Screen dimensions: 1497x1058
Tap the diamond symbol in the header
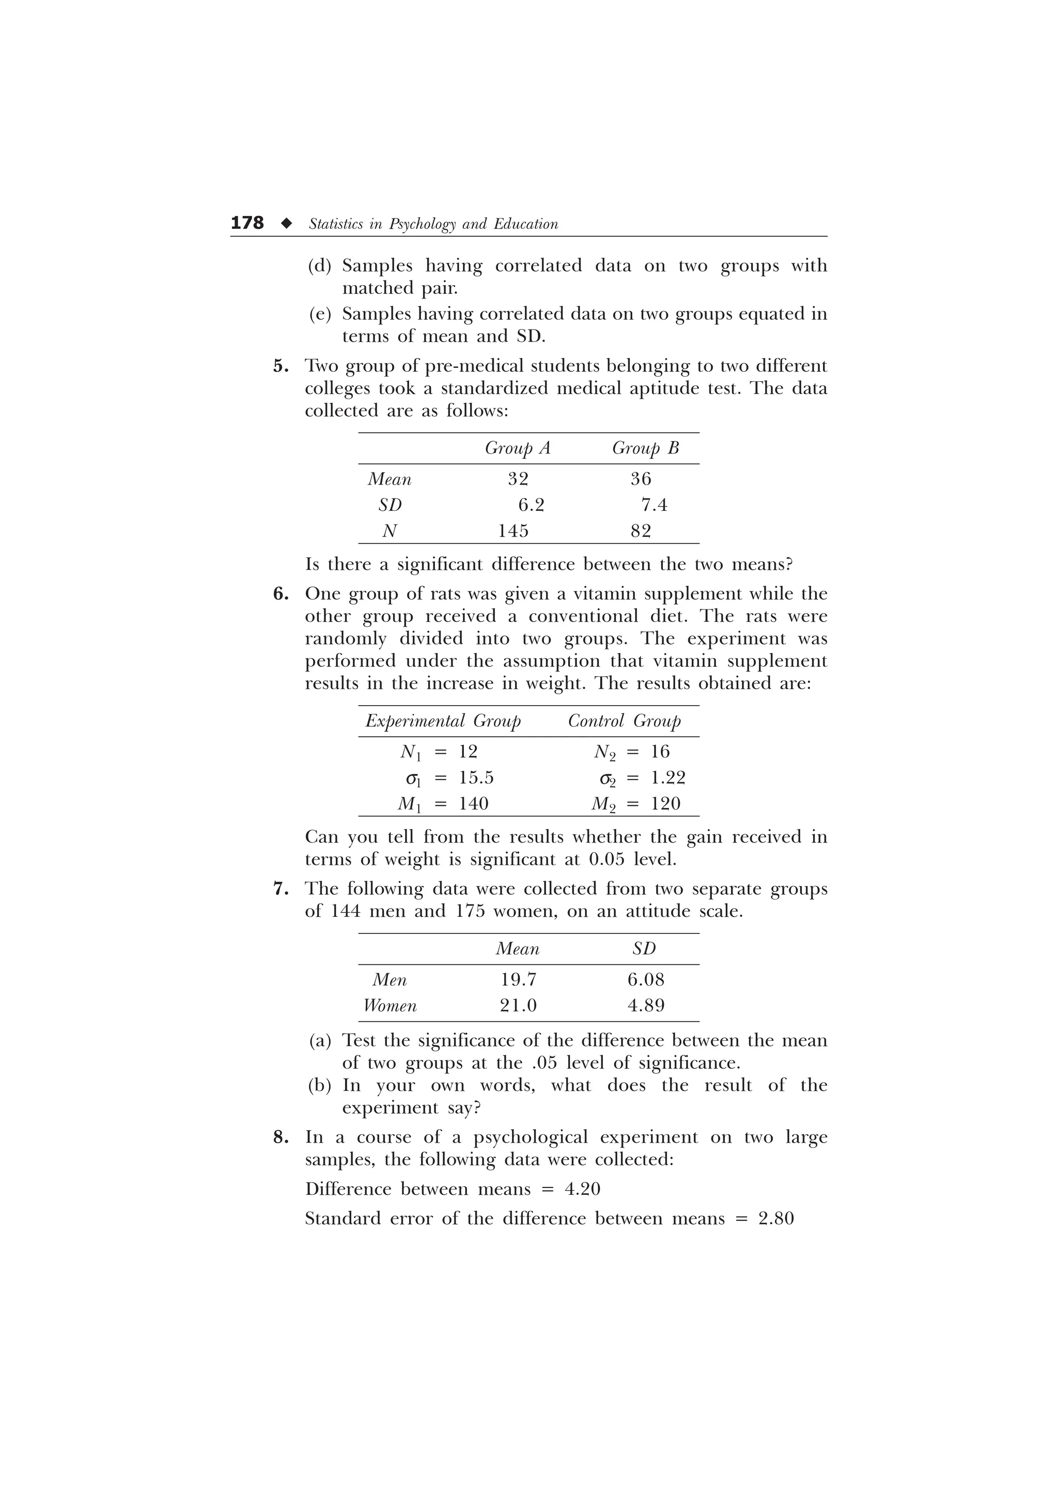286,224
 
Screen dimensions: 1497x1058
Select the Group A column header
518,448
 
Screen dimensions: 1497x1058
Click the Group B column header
645,448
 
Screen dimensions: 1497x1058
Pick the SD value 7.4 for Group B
654,505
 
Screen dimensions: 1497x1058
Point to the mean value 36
641,479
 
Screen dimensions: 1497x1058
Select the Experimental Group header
443,721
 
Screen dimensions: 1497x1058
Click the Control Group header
624,721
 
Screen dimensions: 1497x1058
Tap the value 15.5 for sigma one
476,778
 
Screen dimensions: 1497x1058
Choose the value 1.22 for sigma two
668,778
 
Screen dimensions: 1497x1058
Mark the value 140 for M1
473,804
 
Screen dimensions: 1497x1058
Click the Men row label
390,980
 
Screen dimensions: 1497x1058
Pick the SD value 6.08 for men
646,980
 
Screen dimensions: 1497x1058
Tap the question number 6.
281,594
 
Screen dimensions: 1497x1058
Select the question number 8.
281,1138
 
